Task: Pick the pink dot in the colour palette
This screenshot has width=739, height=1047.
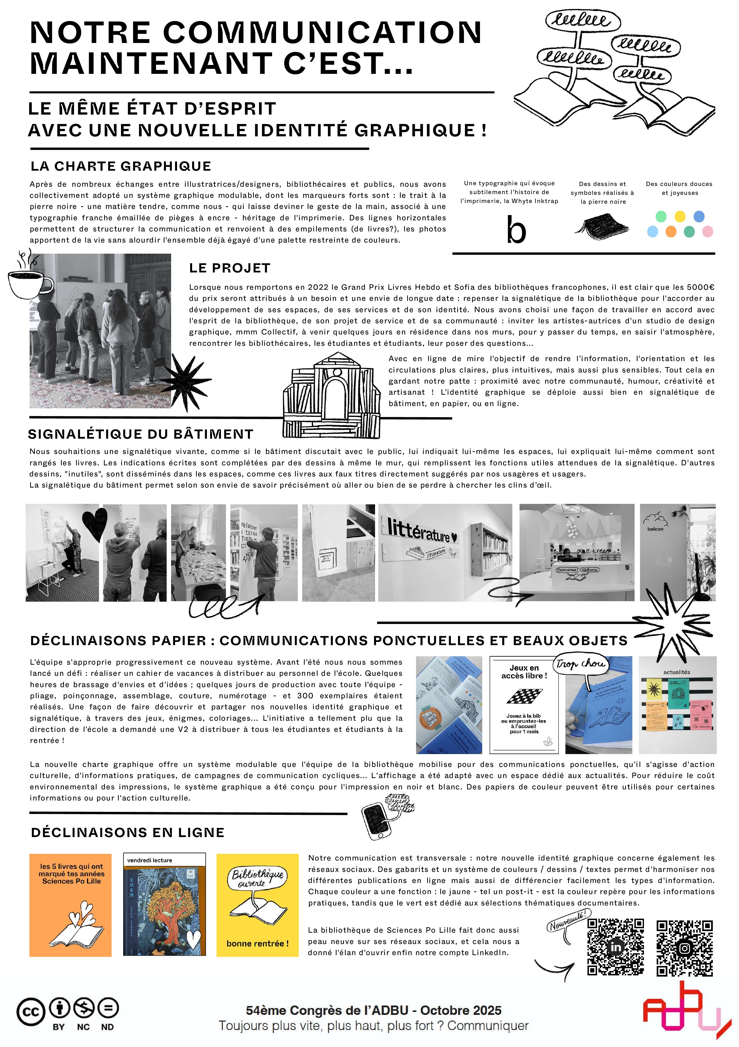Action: coord(708,232)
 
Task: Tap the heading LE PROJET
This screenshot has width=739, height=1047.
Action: coord(230,268)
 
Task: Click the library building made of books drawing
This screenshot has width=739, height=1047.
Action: coord(331,395)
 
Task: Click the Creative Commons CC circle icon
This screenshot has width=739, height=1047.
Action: coord(31,1012)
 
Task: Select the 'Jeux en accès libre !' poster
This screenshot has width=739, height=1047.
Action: coord(524,704)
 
